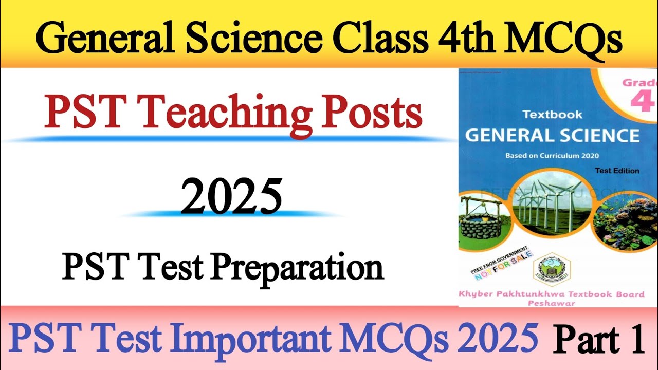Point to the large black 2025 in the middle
[231, 197]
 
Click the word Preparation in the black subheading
[297, 268]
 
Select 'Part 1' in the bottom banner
[599, 340]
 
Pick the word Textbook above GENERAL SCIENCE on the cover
[553, 115]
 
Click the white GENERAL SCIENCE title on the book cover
[552, 136]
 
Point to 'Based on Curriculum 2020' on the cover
[552, 156]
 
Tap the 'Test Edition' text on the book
[617, 171]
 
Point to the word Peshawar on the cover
[552, 303]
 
